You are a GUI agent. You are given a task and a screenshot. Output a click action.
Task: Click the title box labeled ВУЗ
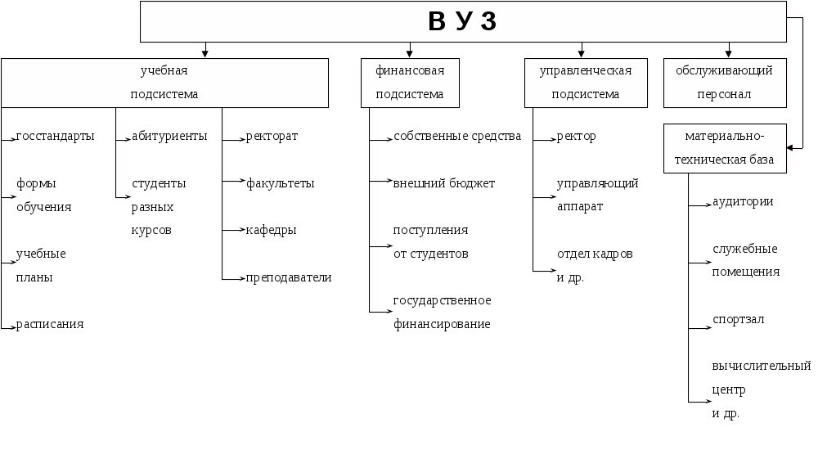tap(463, 22)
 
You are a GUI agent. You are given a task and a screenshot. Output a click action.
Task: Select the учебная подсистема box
tap(164, 83)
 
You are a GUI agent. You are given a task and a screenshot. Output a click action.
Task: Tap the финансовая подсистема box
tap(410, 83)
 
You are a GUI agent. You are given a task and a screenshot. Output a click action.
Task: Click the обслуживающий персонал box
tap(724, 83)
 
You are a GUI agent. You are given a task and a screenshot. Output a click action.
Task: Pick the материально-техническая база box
tap(724, 148)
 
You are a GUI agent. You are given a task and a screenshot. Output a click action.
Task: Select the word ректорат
tap(272, 137)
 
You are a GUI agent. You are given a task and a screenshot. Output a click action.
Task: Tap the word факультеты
tap(281, 184)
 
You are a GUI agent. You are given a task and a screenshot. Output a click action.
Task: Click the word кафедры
tap(272, 231)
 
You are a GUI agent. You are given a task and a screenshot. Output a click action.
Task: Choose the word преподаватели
tap(289, 277)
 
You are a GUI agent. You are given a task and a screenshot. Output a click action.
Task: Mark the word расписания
tap(50, 325)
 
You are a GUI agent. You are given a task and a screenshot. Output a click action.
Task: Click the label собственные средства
tap(457, 137)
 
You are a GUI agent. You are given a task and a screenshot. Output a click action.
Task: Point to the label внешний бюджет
tap(444, 184)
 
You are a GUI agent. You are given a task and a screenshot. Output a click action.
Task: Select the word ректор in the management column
tap(576, 137)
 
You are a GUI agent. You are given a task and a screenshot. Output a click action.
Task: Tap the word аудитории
tap(743, 202)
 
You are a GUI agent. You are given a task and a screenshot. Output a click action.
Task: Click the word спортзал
tap(738, 320)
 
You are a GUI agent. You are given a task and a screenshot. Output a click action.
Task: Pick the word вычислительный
tap(762, 366)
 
